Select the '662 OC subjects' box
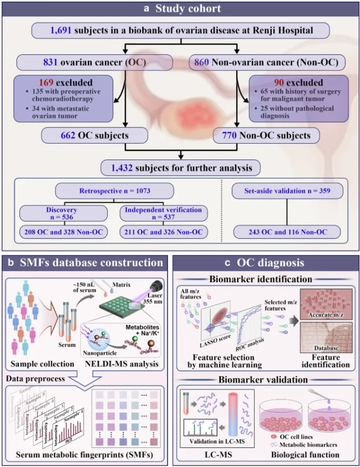(85, 136)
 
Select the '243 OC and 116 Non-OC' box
(294, 232)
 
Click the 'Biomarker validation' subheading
(265, 379)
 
